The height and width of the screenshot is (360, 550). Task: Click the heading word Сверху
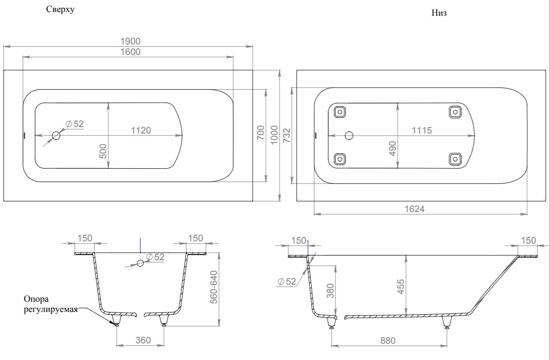click(61, 9)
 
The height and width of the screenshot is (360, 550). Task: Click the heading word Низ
click(439, 13)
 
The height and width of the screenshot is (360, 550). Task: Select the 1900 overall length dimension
click(130, 42)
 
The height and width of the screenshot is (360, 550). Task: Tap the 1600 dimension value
click(130, 52)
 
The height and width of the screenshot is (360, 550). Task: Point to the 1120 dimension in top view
click(141, 130)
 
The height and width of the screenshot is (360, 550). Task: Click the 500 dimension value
click(103, 151)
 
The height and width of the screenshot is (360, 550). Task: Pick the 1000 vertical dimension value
click(274, 135)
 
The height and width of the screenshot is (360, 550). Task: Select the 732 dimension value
click(287, 135)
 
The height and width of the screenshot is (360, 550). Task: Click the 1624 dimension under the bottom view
click(415, 209)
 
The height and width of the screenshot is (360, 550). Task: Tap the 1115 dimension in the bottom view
click(422, 130)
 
